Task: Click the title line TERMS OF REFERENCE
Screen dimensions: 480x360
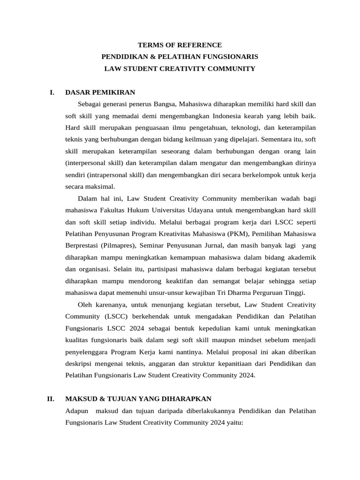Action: [x=180, y=45]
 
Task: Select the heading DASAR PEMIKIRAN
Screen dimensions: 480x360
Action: [x=100, y=92]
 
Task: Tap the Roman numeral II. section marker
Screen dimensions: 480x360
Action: [x=51, y=399]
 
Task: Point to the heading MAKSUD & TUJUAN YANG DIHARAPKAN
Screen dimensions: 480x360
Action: [x=138, y=399]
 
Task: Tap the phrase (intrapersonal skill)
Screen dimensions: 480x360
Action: [x=116, y=174]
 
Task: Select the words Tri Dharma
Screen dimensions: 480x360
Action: [x=232, y=292]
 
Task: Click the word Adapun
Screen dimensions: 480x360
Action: [x=77, y=411]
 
